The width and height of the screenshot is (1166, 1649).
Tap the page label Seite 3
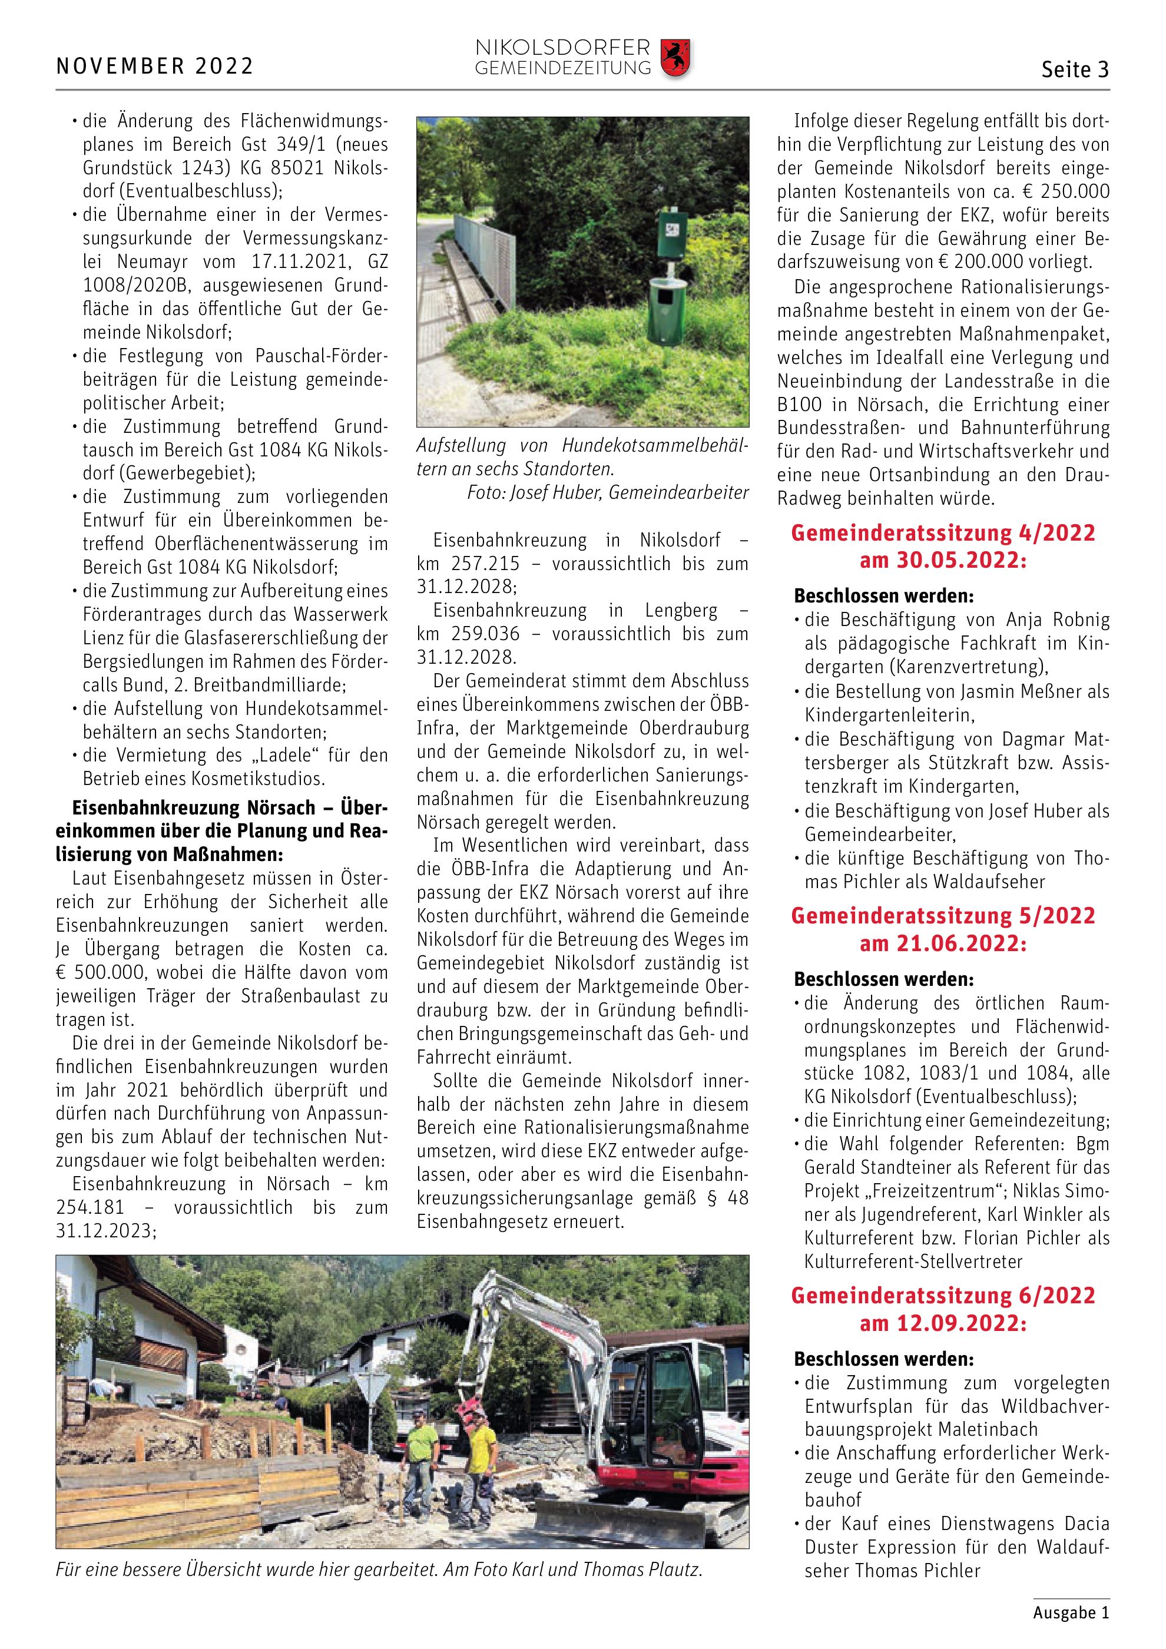click(1075, 69)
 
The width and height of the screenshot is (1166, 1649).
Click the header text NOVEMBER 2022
click(155, 67)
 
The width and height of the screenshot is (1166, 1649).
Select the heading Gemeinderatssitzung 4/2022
click(943, 533)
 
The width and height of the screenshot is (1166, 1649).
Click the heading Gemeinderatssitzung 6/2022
click(943, 1295)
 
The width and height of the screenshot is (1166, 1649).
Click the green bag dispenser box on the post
click(674, 231)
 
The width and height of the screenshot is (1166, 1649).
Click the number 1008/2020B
click(135, 286)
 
